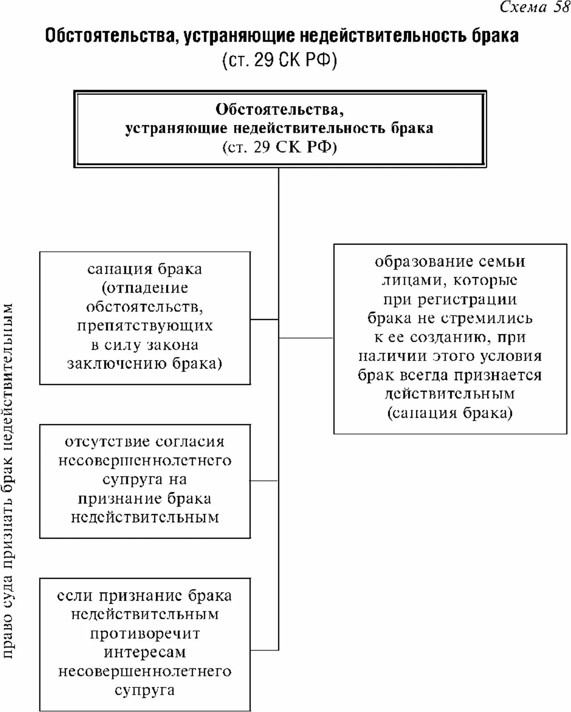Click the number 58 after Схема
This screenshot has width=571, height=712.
click(x=561, y=7)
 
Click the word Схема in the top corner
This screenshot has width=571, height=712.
click(x=523, y=7)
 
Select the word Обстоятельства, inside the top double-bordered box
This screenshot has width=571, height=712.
click(x=279, y=109)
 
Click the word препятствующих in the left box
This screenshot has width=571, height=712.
click(x=145, y=326)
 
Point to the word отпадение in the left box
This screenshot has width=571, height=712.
click(x=145, y=288)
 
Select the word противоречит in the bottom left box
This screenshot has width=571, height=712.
click(x=145, y=634)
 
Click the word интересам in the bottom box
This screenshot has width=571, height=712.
click(x=145, y=652)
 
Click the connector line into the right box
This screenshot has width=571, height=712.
click(x=306, y=338)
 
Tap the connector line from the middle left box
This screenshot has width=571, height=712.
click(x=264, y=481)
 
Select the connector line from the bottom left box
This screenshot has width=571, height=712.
click(x=264, y=651)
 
